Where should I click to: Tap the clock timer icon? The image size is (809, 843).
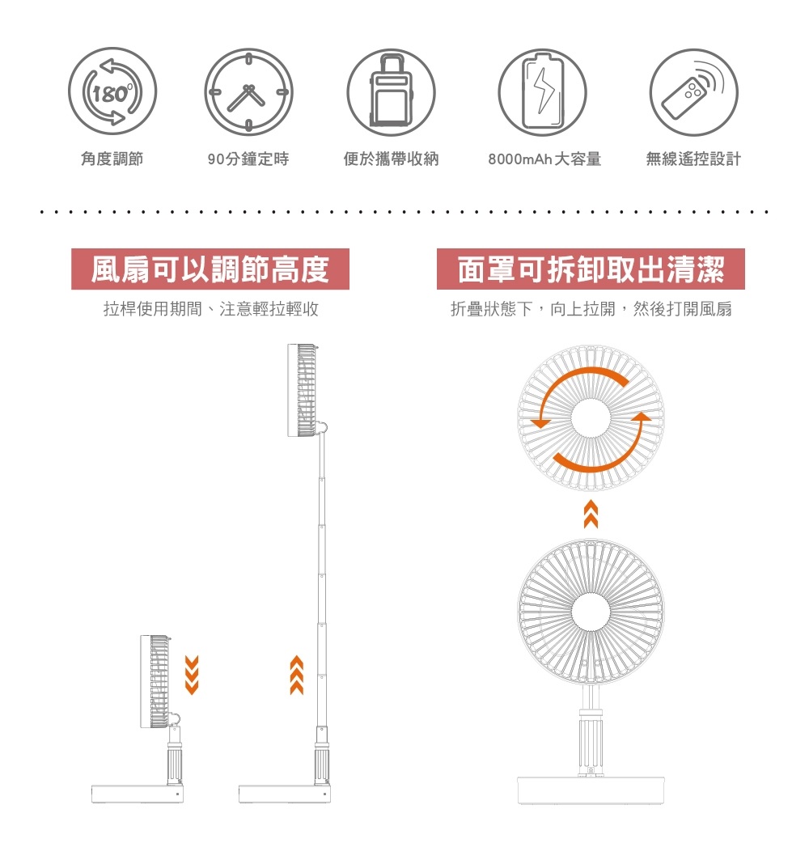coord(248,93)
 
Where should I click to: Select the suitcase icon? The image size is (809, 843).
coord(392,93)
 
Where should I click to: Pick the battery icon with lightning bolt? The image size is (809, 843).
coord(542,93)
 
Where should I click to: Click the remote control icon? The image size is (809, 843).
coord(693,93)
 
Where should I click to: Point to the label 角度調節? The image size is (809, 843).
coord(112,159)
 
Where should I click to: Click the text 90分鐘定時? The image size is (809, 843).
coord(248,159)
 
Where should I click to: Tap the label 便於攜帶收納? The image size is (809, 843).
coord(391,159)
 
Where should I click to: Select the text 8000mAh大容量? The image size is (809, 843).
coord(544,159)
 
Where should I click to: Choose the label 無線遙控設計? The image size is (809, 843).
coord(693,159)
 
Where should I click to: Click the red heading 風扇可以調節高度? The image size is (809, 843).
coord(210,269)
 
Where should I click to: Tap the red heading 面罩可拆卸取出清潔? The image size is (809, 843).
coord(591,269)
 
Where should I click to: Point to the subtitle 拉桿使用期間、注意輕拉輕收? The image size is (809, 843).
coord(211,309)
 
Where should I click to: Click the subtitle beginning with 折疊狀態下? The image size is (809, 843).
coord(591,309)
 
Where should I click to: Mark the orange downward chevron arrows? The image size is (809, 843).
coord(192,676)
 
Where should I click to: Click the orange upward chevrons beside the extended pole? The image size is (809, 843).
coord(297,676)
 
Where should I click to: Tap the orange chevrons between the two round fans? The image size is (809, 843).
coord(591,515)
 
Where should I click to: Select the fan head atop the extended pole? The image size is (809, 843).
coord(305,390)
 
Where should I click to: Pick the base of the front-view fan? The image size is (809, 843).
coord(591,790)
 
